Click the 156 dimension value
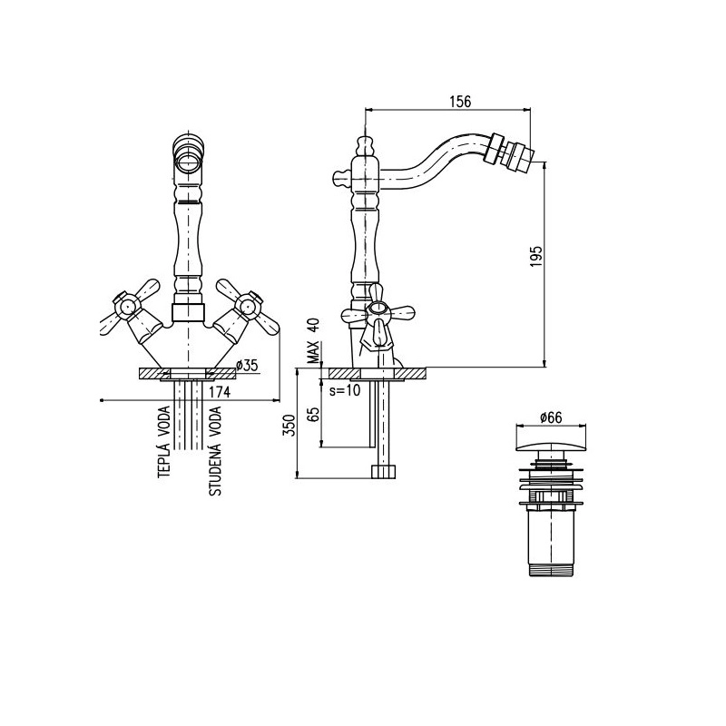tap(460, 102)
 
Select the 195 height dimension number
tap(535, 256)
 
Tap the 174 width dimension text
tap(220, 392)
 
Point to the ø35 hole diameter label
tap(247, 366)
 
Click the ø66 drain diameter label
tap(551, 417)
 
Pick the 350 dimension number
tap(289, 425)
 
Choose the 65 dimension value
tap(313, 414)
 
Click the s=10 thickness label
tap(345, 391)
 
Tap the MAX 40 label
tap(313, 341)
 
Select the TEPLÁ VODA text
tap(164, 442)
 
